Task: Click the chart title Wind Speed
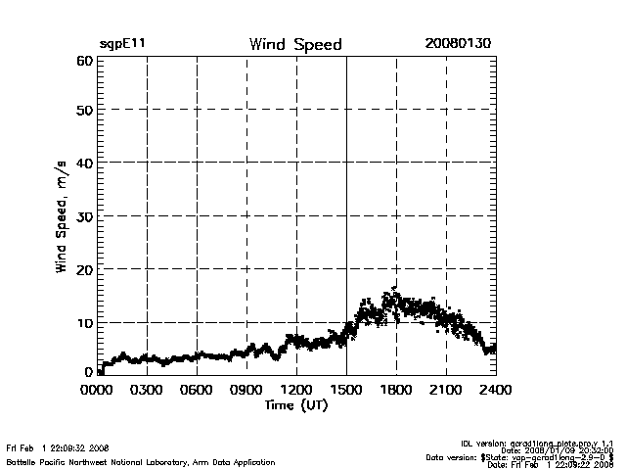[x=295, y=45]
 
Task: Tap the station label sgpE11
[x=123, y=45]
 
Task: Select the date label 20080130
[x=458, y=45]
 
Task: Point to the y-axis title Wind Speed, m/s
[x=62, y=216]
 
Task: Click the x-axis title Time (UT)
[x=295, y=404]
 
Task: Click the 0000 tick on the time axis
[x=98, y=389]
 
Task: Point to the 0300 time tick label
[x=148, y=389]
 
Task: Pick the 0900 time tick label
[x=246, y=389]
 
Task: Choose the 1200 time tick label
[x=296, y=389]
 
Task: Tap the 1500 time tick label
[x=346, y=389]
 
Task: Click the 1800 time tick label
[x=396, y=389]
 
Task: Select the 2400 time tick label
[x=496, y=389]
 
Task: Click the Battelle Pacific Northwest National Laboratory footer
[x=141, y=461]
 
